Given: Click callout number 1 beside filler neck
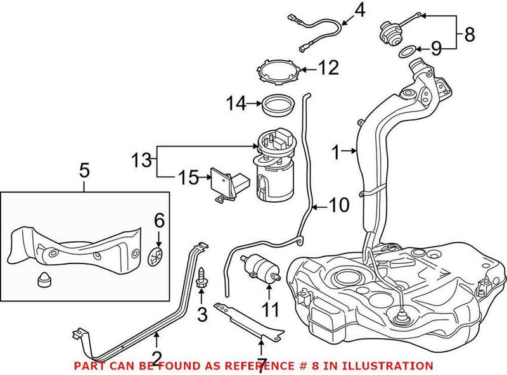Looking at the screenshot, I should (x=337, y=151).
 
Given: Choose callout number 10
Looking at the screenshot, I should (x=340, y=205).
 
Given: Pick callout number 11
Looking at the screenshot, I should (x=271, y=310).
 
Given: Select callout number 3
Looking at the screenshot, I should (x=203, y=313).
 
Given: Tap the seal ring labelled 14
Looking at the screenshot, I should (x=276, y=103).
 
